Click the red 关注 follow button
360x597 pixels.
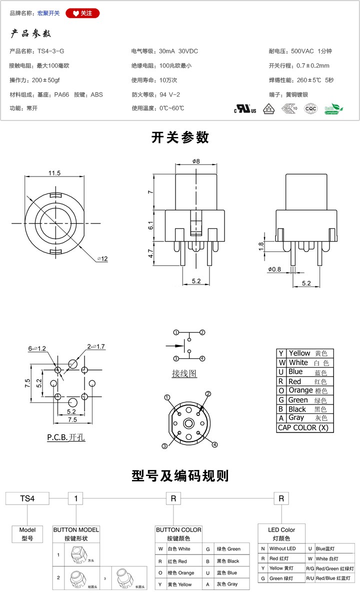coord(82,13)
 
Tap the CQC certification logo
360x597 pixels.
coord(310,108)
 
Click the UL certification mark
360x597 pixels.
coord(245,108)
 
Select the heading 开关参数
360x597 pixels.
coord(180,137)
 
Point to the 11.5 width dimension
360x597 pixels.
coord(54,173)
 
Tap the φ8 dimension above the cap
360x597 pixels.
coord(195,161)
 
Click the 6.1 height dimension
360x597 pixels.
coord(150,226)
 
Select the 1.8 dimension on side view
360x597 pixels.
coord(261,246)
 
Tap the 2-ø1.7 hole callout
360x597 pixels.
coord(95,346)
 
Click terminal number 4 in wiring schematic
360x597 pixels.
coord(202,358)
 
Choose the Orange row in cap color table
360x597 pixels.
coord(304,390)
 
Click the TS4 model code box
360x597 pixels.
coord(27,498)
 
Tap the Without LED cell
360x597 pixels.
coord(282,548)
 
